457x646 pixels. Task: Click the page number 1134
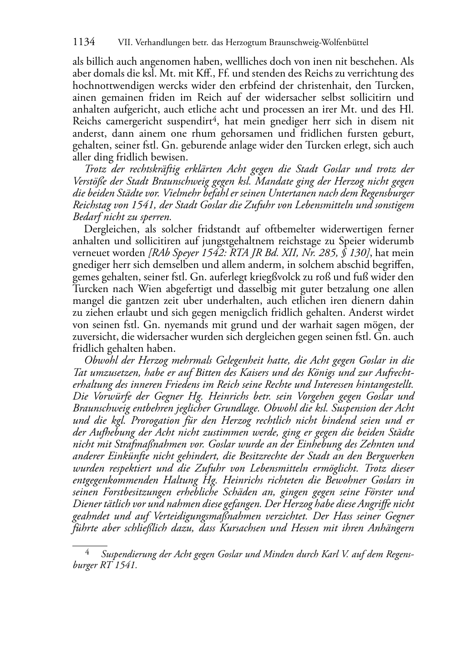[x=84, y=42]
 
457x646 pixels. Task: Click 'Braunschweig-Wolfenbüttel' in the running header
[x=317, y=43]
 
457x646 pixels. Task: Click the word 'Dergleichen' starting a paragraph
[x=109, y=229]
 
